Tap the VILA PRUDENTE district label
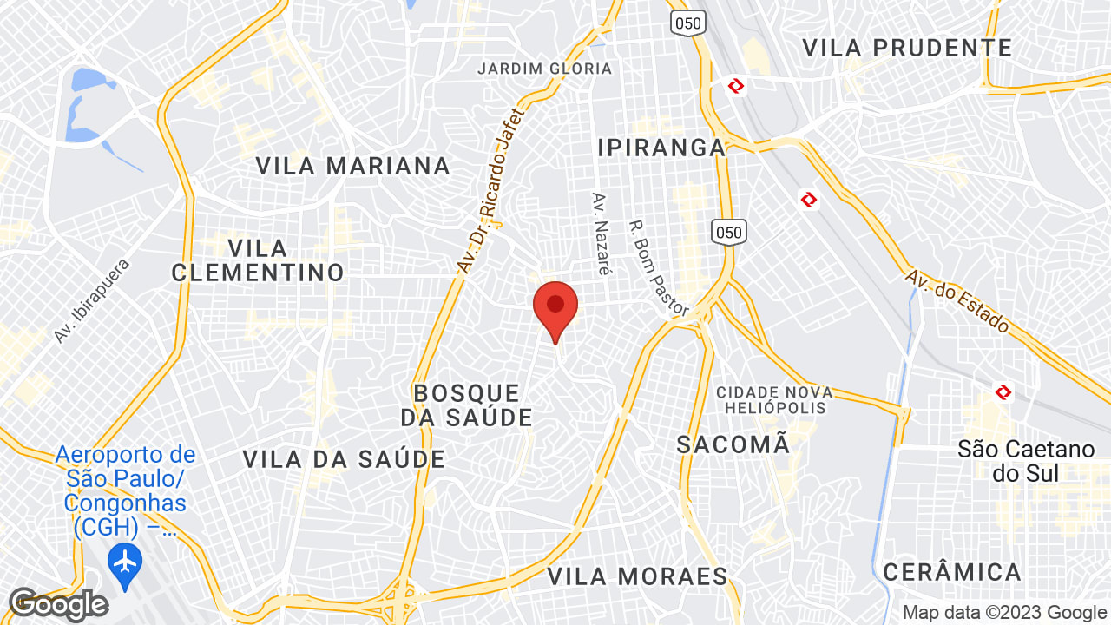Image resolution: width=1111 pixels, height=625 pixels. (x=907, y=48)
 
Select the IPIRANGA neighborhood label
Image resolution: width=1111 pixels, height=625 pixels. (x=661, y=148)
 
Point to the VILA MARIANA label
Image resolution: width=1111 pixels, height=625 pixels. (x=353, y=166)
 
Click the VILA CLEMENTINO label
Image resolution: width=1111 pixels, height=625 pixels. (x=258, y=260)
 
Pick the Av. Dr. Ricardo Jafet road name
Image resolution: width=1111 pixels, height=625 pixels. (x=492, y=190)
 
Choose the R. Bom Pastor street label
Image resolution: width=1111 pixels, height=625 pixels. (x=659, y=267)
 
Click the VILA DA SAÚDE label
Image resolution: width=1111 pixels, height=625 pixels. (x=344, y=459)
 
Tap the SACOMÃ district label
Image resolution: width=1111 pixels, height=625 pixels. (x=733, y=444)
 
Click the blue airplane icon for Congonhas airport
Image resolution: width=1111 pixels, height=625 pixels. (x=126, y=561)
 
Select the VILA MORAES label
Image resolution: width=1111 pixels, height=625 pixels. (x=637, y=576)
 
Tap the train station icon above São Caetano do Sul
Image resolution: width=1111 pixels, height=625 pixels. (x=1003, y=392)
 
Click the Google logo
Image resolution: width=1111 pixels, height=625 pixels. (x=58, y=604)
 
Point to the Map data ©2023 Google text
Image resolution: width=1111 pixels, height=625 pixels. (x=1004, y=613)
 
